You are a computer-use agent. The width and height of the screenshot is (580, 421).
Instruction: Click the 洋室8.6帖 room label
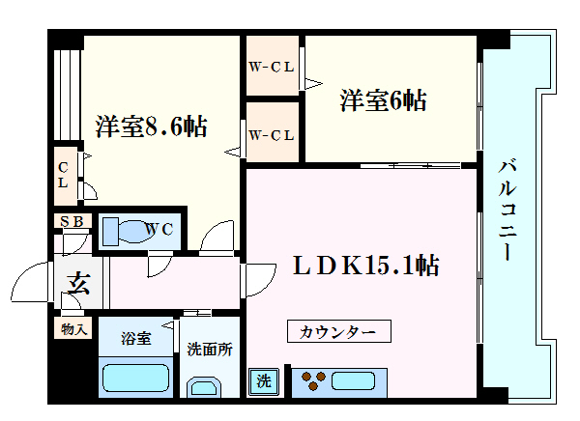tap(152, 126)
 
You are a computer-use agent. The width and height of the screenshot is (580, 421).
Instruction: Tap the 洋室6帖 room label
tap(383, 100)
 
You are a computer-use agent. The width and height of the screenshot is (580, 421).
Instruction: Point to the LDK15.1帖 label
tap(366, 266)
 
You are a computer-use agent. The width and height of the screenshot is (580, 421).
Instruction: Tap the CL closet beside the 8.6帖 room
tap(66, 176)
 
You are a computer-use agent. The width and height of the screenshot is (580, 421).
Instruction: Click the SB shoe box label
tap(72, 221)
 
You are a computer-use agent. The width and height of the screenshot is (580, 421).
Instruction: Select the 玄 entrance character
tap(78, 283)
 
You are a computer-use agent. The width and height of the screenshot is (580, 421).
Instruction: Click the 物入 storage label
tap(73, 328)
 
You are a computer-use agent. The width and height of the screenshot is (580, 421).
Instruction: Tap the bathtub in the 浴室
tap(135, 378)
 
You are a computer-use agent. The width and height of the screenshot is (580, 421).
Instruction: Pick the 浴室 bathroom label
tap(135, 338)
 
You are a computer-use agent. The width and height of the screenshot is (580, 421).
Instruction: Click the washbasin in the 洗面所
tap(204, 387)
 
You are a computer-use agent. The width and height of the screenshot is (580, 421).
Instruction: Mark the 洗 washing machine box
tap(263, 381)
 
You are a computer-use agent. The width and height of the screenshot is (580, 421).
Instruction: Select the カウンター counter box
tap(339, 331)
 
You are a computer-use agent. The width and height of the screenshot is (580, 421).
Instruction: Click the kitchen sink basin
tap(353, 381)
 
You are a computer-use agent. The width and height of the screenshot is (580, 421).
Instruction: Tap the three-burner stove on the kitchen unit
tap(313, 380)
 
